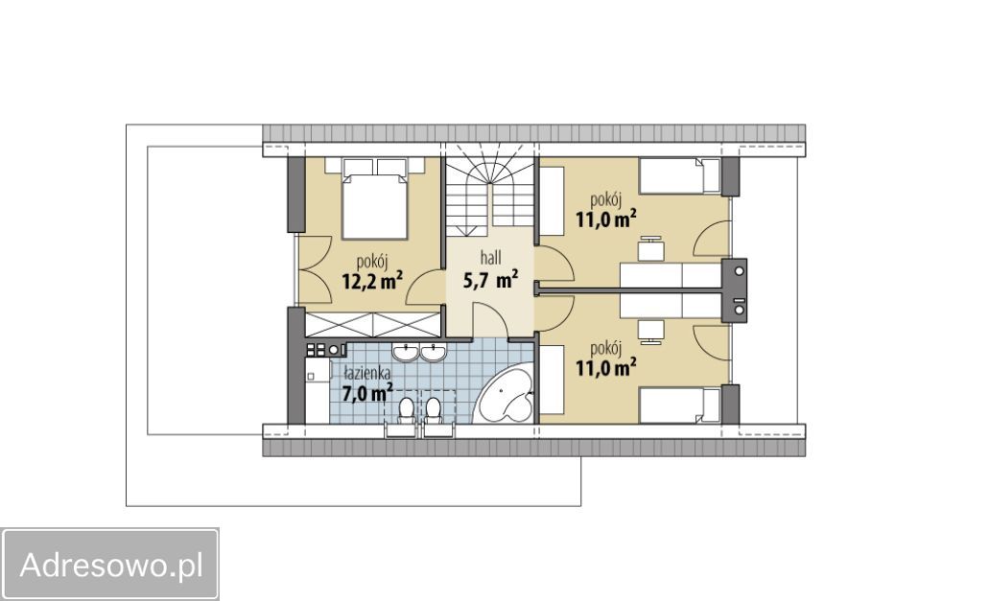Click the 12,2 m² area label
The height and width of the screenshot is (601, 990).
(x=372, y=281)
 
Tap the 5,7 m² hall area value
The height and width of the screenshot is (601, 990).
(x=490, y=279)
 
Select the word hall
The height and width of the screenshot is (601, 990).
(x=490, y=257)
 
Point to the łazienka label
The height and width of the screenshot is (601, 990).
(x=366, y=373)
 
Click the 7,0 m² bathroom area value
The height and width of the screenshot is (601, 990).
(x=366, y=393)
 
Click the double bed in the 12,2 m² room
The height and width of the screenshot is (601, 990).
(x=374, y=198)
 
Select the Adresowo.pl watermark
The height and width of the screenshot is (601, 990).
(x=110, y=565)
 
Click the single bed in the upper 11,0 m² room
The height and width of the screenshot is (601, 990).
(x=679, y=176)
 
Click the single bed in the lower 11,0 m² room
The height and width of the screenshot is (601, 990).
(x=679, y=405)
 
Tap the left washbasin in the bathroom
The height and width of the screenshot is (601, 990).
(x=404, y=353)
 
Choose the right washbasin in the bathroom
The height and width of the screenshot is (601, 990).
(x=434, y=353)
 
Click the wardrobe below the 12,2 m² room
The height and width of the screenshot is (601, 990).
(x=372, y=324)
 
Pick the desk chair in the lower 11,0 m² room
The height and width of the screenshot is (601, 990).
(x=650, y=332)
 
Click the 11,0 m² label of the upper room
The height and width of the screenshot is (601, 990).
(x=605, y=220)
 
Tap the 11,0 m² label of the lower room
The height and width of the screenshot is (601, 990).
(x=605, y=367)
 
